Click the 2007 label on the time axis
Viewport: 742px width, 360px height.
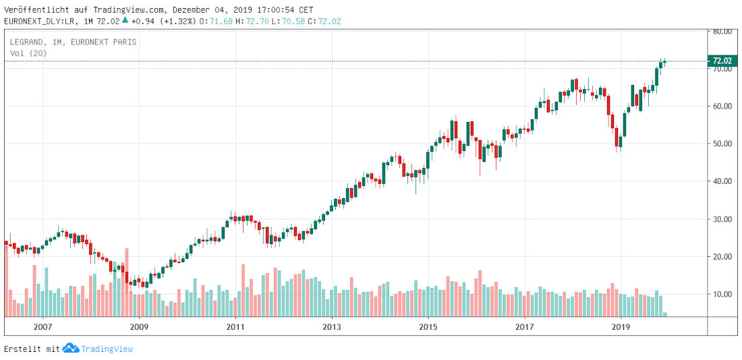42,326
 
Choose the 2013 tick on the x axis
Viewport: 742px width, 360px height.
331,326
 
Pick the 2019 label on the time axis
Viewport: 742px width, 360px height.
620,326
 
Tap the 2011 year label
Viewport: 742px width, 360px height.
235,326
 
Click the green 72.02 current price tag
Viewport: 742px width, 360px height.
721,61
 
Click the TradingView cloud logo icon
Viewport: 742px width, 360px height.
71,348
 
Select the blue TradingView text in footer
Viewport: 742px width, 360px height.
107,349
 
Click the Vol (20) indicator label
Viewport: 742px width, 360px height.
28,53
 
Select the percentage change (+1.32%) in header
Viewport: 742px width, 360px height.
179,21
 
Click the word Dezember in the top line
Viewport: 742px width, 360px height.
191,10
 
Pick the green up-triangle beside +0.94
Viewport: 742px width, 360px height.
124,20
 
